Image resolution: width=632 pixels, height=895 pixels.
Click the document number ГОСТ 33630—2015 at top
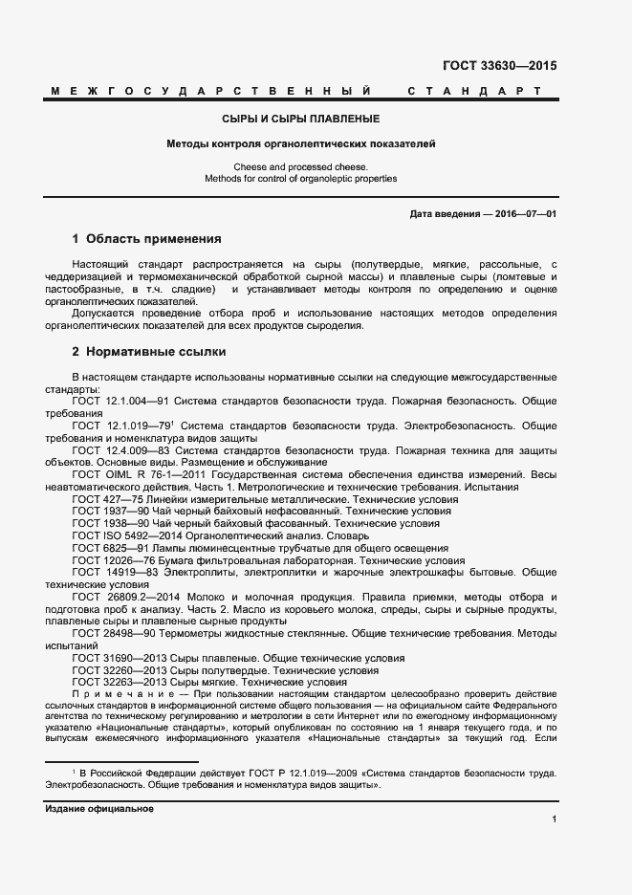point(499,67)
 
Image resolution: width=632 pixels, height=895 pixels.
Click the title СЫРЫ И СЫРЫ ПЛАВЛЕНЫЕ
point(300,120)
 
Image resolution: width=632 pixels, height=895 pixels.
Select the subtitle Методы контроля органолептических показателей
point(300,144)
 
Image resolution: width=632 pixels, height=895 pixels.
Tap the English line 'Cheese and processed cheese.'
point(300,166)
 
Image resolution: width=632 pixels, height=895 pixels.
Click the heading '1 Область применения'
point(146,239)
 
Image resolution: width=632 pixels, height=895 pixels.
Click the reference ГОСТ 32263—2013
point(117,683)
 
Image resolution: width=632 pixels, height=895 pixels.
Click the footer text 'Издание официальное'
point(99,809)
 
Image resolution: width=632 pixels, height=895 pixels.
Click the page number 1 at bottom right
point(554,819)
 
